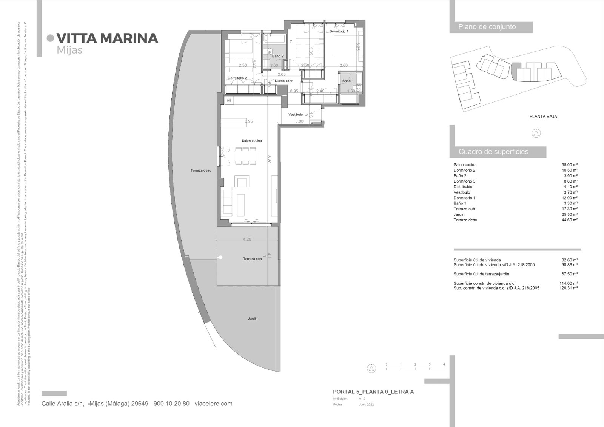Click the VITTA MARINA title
tap(107, 38)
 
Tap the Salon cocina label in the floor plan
tap(252, 141)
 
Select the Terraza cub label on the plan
tap(252, 259)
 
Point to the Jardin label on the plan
tap(253, 319)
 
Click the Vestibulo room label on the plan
tap(296, 114)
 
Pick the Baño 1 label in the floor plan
tap(348, 81)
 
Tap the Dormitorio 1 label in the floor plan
tap(339, 31)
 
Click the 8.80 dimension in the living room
tap(269, 160)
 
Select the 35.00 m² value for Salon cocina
tap(570, 165)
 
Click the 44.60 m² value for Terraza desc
tap(570, 220)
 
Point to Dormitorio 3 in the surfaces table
tap(464, 181)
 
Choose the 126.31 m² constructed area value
tap(569, 288)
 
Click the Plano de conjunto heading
tap(487, 27)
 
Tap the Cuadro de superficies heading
tap(493, 152)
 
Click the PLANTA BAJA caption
tap(543, 117)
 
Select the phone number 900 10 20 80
tap(172, 404)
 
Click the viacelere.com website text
tap(213, 404)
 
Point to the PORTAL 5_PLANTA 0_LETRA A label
tap(373, 392)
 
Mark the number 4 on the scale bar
tap(444, 364)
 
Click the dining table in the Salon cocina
tap(246, 156)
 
